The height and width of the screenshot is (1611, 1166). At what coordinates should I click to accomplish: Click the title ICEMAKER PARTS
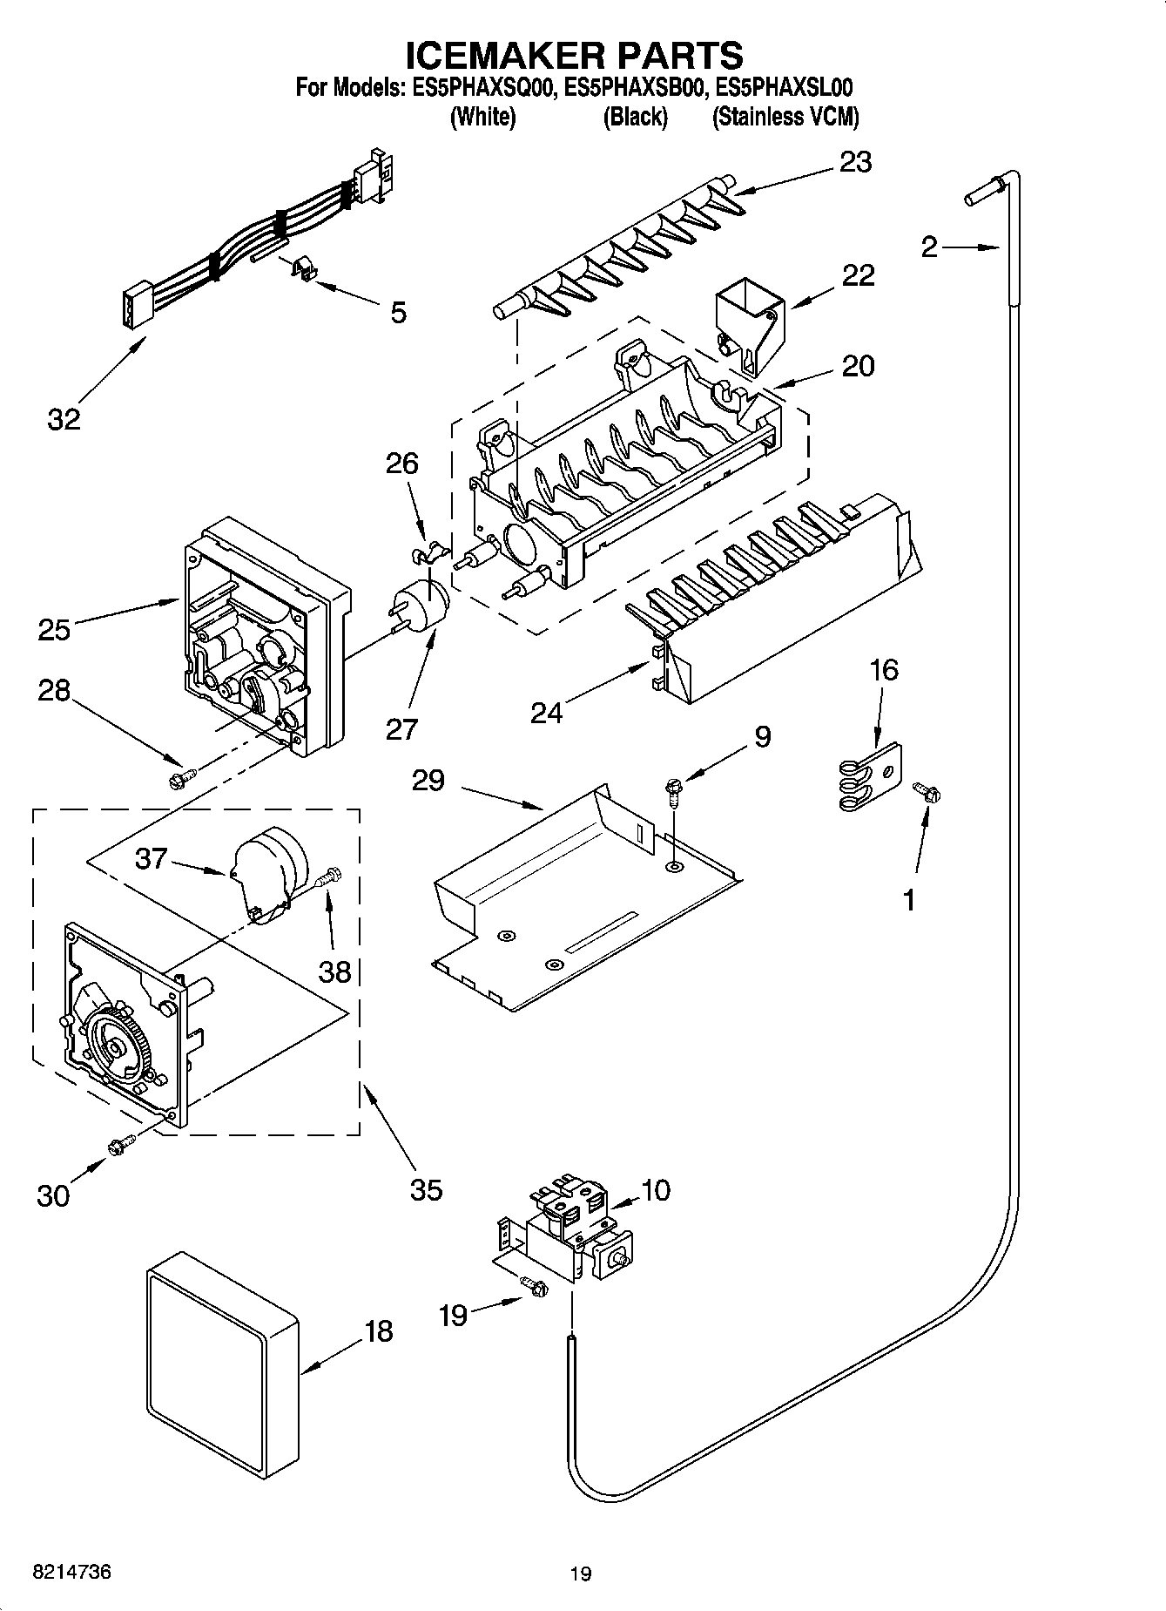(x=575, y=55)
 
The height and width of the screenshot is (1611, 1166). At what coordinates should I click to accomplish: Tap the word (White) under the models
(x=482, y=118)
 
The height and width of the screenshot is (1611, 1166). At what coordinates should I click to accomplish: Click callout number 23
(x=854, y=163)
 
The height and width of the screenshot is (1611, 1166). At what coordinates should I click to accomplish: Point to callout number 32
(x=64, y=419)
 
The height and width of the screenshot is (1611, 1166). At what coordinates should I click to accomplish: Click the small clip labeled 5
(x=302, y=271)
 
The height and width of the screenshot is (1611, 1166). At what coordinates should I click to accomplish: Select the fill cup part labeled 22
(x=748, y=328)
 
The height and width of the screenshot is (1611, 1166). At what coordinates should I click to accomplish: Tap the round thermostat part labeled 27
(x=427, y=602)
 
